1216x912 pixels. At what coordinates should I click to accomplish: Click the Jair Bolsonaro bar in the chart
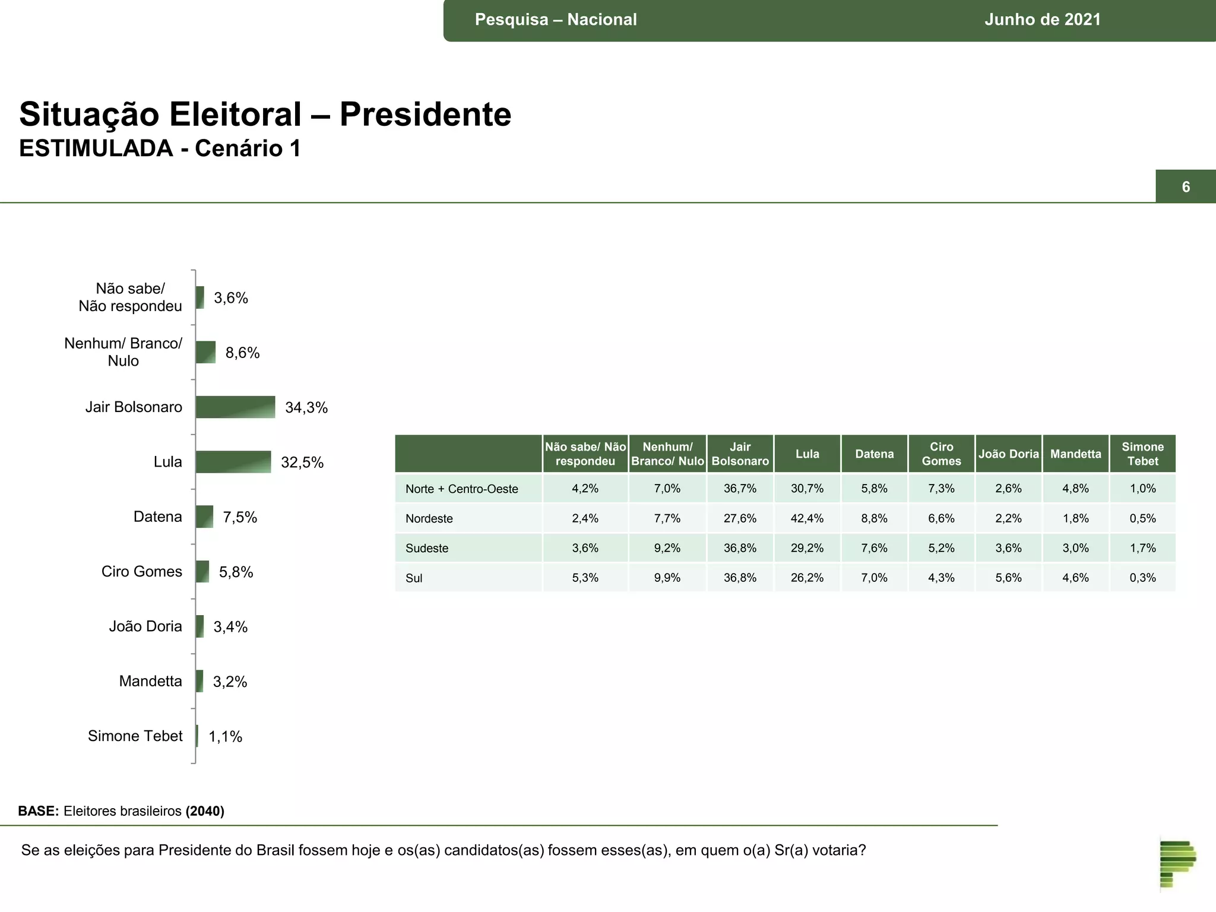(235, 407)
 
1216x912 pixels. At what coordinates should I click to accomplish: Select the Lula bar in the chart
(233, 462)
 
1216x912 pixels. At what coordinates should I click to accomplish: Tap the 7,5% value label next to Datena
(240, 517)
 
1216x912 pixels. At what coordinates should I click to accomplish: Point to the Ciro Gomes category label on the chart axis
(141, 571)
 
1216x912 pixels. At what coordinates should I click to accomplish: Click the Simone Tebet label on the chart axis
(135, 736)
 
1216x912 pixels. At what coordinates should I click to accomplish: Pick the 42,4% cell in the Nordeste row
(807, 518)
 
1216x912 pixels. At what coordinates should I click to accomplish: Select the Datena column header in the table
(874, 454)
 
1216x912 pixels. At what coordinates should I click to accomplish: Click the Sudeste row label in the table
(427, 548)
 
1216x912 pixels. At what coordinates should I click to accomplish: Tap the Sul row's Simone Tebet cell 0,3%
(1142, 578)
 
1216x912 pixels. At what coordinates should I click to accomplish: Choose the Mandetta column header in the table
(1075, 454)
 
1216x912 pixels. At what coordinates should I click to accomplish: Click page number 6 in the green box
(1185, 187)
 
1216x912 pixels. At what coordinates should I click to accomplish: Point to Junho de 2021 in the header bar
(1042, 20)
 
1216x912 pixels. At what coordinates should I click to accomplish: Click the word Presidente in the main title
(425, 114)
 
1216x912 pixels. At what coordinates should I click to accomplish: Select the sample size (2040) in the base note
(205, 811)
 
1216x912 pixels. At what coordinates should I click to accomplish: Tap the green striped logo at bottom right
(1177, 863)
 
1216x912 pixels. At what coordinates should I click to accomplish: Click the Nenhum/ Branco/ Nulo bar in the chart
(205, 352)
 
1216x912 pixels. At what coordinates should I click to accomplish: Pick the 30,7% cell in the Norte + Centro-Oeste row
(807, 489)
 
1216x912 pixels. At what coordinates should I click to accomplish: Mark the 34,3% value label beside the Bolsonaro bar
(306, 407)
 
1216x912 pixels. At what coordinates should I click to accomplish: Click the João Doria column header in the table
(1008, 454)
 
